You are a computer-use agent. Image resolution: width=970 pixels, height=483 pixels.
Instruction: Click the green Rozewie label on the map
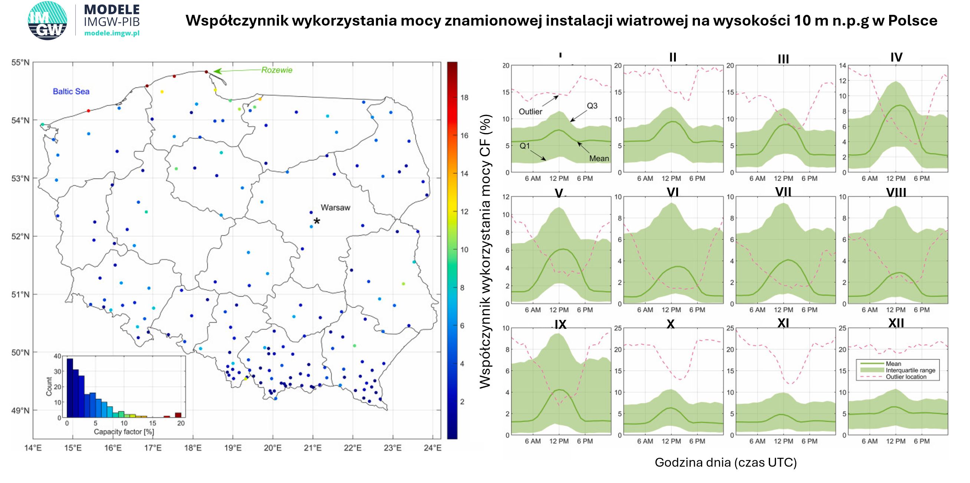tap(277, 70)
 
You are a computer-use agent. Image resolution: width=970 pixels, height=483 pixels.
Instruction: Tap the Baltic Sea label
tap(71, 92)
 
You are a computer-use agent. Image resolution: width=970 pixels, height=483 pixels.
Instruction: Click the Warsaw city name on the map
tap(335, 208)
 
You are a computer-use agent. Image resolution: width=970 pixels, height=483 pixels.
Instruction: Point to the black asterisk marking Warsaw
tap(317, 221)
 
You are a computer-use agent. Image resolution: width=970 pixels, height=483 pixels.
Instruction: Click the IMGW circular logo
tap(47, 20)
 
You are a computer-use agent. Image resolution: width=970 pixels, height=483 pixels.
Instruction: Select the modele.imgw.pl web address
tap(112, 33)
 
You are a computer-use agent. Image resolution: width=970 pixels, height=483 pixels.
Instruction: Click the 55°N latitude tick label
tap(21, 62)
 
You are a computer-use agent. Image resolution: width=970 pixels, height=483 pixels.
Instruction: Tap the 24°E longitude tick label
tap(432, 448)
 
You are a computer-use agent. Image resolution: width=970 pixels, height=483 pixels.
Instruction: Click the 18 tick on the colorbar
tap(464, 98)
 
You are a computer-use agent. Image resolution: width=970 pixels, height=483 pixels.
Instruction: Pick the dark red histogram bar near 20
tap(178, 415)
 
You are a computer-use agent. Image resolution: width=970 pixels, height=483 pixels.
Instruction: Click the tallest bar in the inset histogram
tap(70, 388)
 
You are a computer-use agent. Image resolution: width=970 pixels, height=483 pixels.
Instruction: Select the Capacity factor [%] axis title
tap(124, 432)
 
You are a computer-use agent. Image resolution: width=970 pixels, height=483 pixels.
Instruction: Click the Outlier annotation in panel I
tap(530, 112)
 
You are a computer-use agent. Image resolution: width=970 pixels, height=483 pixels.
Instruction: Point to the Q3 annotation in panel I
tap(592, 106)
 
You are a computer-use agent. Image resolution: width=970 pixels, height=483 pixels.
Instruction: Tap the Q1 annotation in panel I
tap(525, 146)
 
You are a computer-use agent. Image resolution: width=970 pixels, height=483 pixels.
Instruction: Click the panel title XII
tap(896, 323)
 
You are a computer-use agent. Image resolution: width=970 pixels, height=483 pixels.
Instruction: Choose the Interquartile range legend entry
tap(910, 370)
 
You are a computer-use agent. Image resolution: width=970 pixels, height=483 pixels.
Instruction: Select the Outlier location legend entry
tap(905, 377)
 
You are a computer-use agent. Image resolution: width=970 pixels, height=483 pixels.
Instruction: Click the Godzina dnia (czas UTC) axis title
tap(726, 462)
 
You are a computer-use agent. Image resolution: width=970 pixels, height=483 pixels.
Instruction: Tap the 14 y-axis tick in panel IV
tap(842, 66)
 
